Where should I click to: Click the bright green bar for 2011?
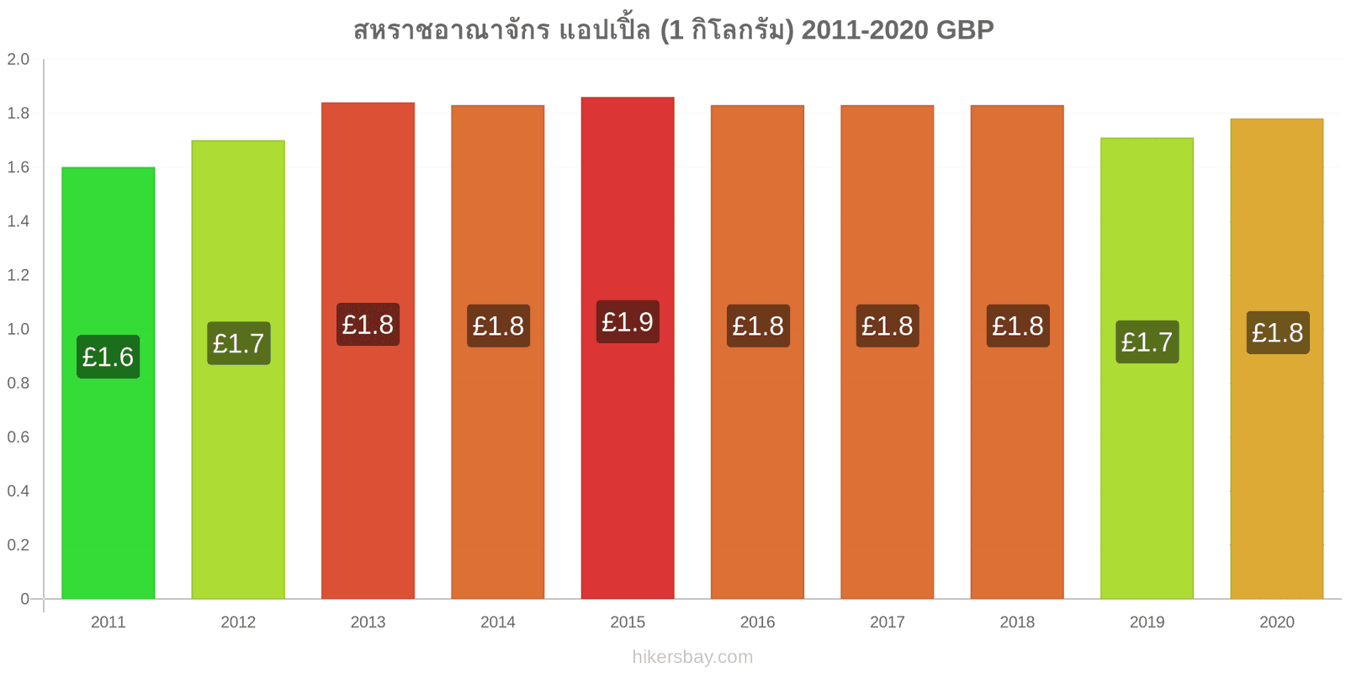pyautogui.click(x=109, y=383)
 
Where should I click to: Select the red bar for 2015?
pyautogui.click(x=628, y=348)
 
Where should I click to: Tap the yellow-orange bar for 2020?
pyautogui.click(x=1277, y=358)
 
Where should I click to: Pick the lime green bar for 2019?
pyautogui.click(x=1147, y=368)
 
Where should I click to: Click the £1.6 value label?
pyautogui.click(x=109, y=357)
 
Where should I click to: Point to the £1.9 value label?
pyautogui.click(x=628, y=322)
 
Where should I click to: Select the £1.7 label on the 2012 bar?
pyautogui.click(x=239, y=343)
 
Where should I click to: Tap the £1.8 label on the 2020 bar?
pyautogui.click(x=1278, y=332)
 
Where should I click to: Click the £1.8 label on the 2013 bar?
pyautogui.click(x=368, y=325)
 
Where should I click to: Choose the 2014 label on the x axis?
pyautogui.click(x=497, y=622)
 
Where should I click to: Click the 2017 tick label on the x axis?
pyautogui.click(x=887, y=622)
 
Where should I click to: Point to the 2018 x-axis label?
pyautogui.click(x=1017, y=622)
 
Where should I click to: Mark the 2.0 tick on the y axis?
pyautogui.click(x=18, y=59)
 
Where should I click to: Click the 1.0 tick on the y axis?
pyautogui.click(x=18, y=329)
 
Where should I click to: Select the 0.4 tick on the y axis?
pyautogui.click(x=18, y=491)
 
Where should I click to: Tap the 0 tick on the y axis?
pyautogui.click(x=24, y=598)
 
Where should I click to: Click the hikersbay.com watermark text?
pyautogui.click(x=692, y=657)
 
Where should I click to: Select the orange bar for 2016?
pyautogui.click(x=757, y=352)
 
